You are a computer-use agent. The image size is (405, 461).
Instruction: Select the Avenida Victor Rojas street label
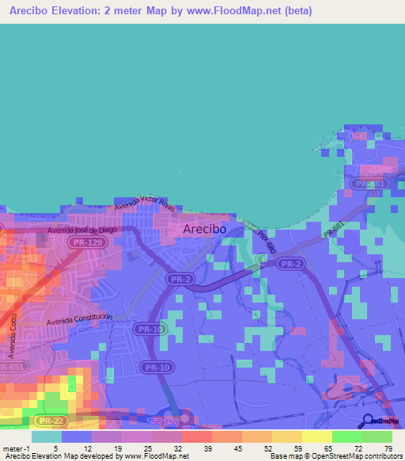coord(144,204)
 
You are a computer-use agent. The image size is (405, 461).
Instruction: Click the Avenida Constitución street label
coord(79,319)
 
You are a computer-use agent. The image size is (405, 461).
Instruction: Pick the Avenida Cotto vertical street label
coord(13,333)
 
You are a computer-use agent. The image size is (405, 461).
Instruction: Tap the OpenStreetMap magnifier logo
coord(369,420)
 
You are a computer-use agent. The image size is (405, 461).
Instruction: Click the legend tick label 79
coord(388,448)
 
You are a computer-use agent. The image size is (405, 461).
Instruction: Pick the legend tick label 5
coord(56,448)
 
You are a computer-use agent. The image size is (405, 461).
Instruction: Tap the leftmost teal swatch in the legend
coord(46,436)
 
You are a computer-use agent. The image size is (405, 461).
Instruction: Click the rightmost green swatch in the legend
coord(377,436)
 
